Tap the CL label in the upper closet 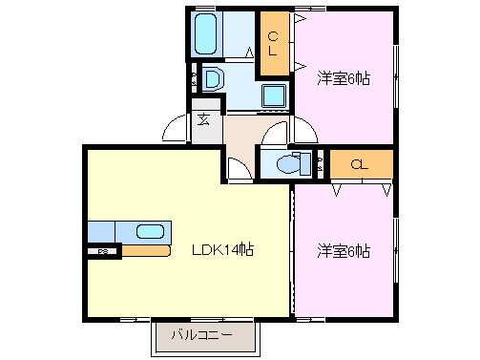coord(274,44)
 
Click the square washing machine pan coord(275,95)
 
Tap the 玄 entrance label coord(205,119)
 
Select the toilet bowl coord(286,164)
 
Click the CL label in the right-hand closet coord(359,164)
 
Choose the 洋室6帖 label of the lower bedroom coord(344,251)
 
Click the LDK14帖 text coord(220,250)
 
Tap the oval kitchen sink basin coord(150,230)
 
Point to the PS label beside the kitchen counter coord(102,251)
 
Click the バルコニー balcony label coord(201,335)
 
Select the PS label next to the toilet coord(319,163)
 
